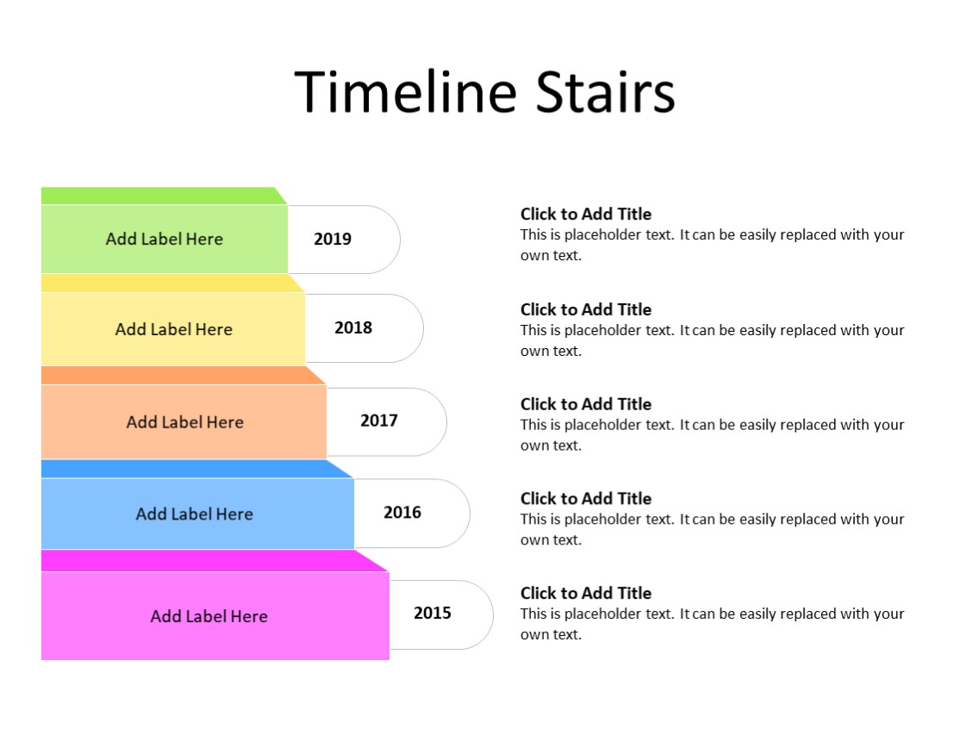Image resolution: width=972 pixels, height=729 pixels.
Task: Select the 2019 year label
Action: click(333, 240)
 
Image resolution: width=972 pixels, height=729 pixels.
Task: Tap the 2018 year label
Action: click(353, 328)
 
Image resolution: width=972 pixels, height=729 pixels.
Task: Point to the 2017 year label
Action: click(379, 421)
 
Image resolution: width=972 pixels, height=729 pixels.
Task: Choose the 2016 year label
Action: click(402, 513)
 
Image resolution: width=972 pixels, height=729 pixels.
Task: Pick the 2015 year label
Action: click(433, 614)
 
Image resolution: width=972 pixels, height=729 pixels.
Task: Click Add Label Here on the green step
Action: click(164, 240)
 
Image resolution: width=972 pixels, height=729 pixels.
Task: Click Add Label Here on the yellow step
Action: click(173, 329)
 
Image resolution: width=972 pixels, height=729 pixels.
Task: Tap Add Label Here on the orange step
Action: click(184, 422)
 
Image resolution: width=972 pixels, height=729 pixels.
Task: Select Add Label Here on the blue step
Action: click(194, 514)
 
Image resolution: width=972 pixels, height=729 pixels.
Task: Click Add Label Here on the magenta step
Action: click(209, 616)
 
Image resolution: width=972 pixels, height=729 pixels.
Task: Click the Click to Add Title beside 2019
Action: click(586, 215)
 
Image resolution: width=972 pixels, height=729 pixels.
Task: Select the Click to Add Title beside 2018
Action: click(586, 309)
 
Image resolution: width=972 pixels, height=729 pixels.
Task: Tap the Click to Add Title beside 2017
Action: click(586, 404)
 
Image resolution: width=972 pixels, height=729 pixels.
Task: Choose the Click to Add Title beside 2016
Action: click(586, 499)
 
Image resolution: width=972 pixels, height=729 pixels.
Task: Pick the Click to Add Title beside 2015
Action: click(586, 594)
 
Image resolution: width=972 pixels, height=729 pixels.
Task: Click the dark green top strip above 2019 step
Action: click(159, 196)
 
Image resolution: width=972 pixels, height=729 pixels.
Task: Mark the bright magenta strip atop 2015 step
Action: click(207, 561)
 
